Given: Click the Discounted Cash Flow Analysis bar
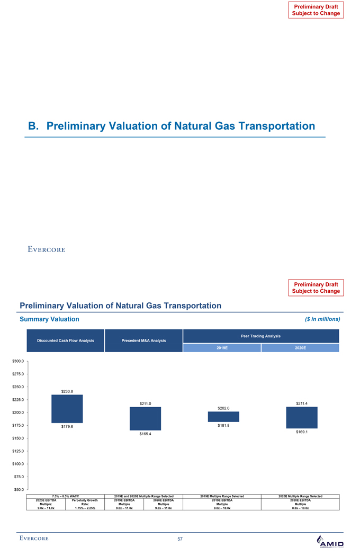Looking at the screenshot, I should (67, 409).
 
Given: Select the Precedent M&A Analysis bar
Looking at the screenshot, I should (145, 418).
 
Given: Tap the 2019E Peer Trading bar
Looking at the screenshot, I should (223, 417).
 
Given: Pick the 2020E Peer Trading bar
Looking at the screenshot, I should (302, 417).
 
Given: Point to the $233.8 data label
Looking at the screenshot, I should (67, 391).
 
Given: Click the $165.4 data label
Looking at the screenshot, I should (145, 434).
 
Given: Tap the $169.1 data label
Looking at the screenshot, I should (302, 432).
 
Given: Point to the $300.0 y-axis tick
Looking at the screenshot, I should (18, 361).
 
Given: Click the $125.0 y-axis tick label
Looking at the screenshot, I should (18, 451).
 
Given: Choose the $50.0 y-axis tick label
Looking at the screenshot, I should (18, 490).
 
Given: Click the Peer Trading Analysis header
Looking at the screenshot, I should (260, 336).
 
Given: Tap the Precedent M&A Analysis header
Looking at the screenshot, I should (144, 340).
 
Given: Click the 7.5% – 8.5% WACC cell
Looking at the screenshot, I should (66, 496).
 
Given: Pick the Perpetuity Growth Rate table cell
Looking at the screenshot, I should (85, 504).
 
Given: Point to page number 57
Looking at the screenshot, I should (180, 539).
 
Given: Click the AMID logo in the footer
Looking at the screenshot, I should (329, 541).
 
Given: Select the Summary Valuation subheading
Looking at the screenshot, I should (49, 319).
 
